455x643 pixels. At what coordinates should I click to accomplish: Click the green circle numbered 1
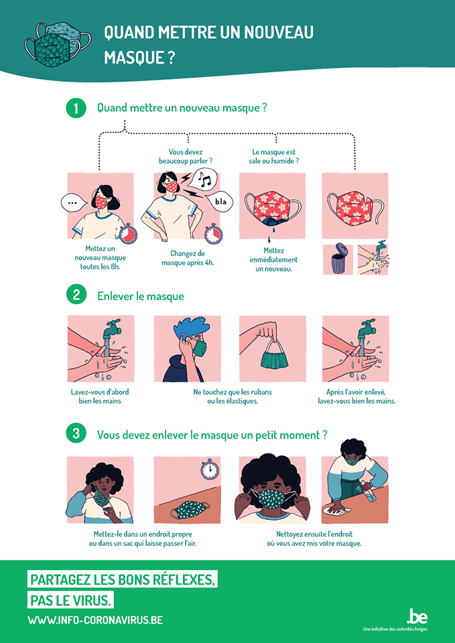click(76, 109)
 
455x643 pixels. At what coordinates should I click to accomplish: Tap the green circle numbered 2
click(76, 295)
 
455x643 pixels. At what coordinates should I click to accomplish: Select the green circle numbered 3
click(76, 434)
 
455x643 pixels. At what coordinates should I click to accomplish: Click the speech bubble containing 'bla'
click(220, 201)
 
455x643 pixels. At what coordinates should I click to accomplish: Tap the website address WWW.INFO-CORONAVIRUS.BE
click(95, 620)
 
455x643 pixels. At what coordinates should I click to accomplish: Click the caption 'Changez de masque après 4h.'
click(188, 259)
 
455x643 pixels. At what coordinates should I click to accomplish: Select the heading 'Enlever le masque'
click(141, 296)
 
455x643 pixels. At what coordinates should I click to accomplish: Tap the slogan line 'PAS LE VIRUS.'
click(71, 599)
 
